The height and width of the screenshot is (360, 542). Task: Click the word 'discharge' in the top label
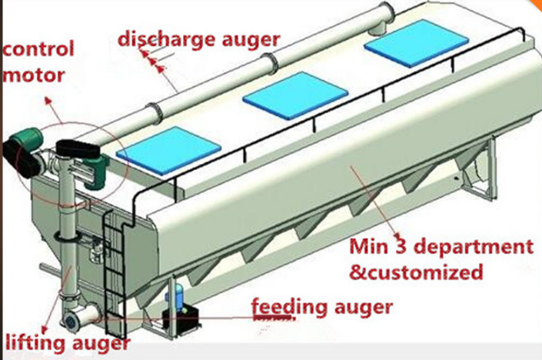(x=159, y=38)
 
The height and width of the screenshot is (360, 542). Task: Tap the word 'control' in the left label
(x=38, y=49)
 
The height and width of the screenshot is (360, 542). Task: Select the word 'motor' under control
(x=32, y=77)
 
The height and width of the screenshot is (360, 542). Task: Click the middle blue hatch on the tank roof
(x=295, y=95)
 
